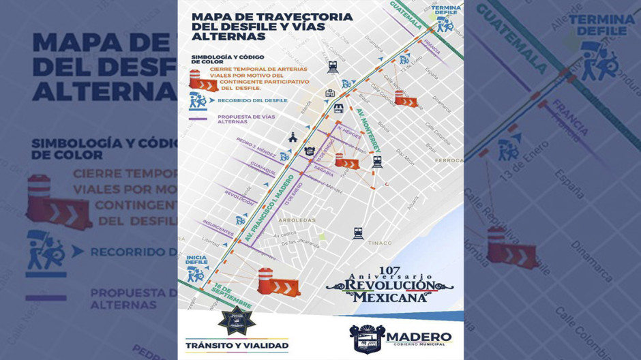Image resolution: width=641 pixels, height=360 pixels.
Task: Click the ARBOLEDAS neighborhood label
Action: (297, 220)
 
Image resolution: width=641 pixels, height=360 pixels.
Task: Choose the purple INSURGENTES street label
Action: (217, 228)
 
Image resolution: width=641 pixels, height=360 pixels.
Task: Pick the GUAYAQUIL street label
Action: (262, 168)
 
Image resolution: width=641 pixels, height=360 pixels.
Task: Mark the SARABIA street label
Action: (324, 173)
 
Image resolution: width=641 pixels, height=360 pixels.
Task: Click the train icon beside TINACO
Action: (358, 233)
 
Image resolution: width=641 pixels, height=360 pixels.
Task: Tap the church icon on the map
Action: (293, 136)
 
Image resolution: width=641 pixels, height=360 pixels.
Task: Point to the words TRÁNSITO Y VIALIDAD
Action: (237, 345)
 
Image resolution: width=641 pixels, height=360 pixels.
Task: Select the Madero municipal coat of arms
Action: (367, 339)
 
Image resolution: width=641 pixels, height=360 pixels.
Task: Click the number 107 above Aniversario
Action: (389, 271)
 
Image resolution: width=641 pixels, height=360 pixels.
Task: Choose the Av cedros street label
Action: (286, 235)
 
